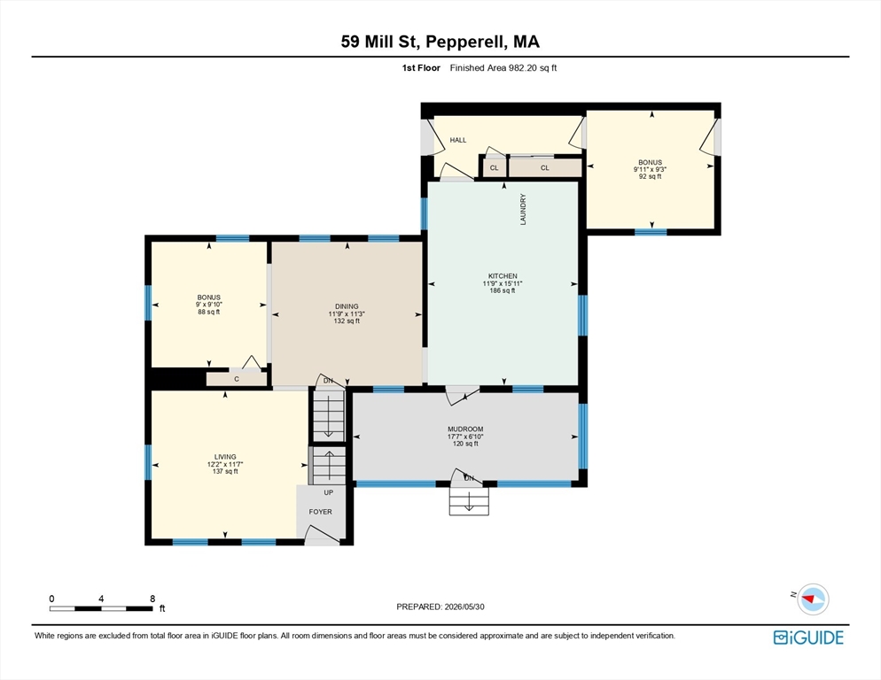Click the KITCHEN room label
point(503,275)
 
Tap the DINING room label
point(347,306)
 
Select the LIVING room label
point(225,457)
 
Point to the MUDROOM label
point(465,429)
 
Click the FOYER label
point(320,512)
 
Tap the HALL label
point(458,140)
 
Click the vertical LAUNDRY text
point(523,209)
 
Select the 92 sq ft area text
point(650,176)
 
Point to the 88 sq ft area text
point(209,312)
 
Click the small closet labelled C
point(237,379)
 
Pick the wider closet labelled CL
point(545,168)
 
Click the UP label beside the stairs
point(329,492)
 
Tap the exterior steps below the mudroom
point(469,500)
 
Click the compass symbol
point(813,599)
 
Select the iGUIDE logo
point(808,637)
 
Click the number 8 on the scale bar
point(152,599)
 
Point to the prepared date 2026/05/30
point(464,607)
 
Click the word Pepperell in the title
point(466,42)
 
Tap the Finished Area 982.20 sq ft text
point(503,68)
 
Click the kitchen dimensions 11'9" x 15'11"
point(503,283)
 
